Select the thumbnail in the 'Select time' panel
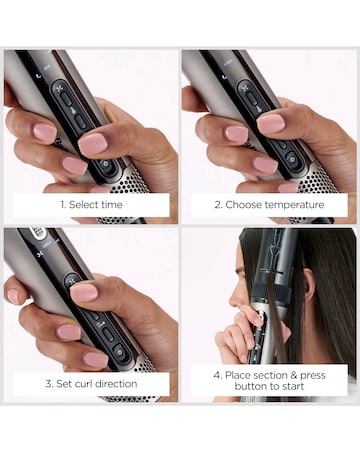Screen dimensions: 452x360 coord(92,143)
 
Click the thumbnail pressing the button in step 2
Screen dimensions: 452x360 coord(270,123)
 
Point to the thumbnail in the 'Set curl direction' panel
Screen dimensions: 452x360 coord(84,291)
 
